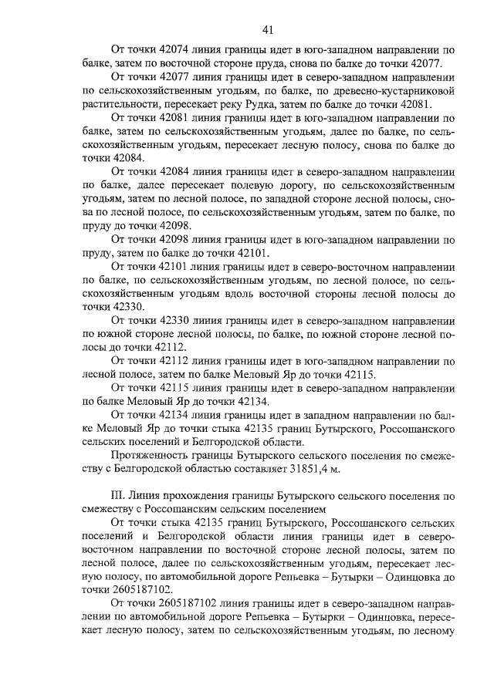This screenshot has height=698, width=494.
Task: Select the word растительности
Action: [x=124, y=104]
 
